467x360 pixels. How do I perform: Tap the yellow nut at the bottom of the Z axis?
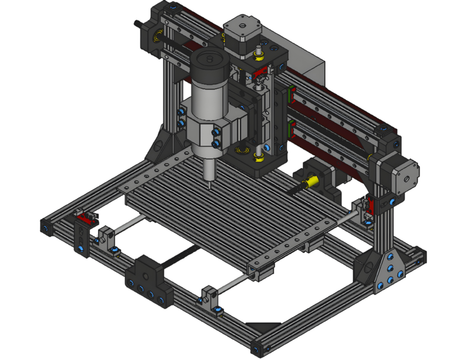(259, 157)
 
